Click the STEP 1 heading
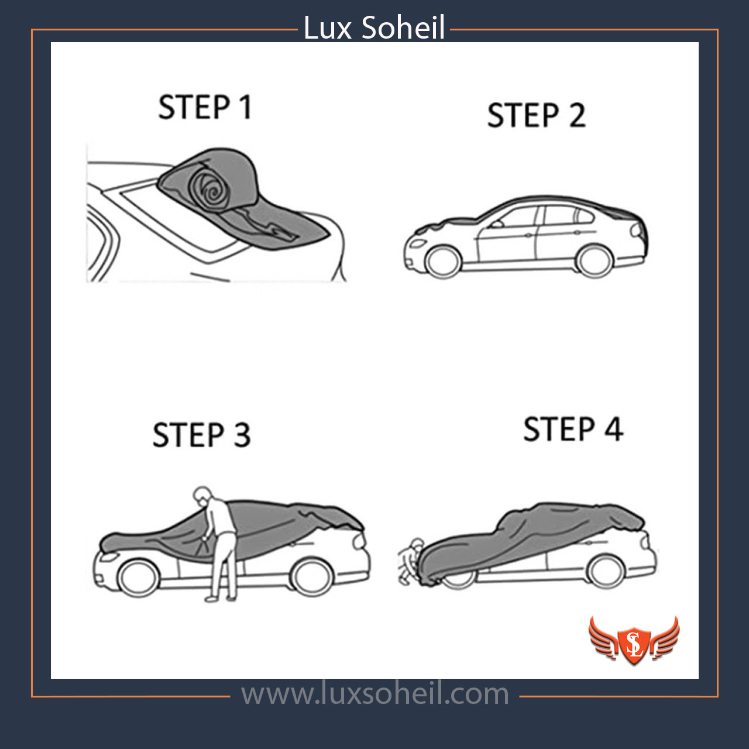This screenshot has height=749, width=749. pyautogui.click(x=205, y=107)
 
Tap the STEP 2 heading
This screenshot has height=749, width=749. pyautogui.click(x=537, y=115)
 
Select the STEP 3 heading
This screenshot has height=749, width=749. pyautogui.click(x=201, y=435)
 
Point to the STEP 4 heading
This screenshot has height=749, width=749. pyautogui.click(x=573, y=429)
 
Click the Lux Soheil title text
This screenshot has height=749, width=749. pyautogui.click(x=374, y=28)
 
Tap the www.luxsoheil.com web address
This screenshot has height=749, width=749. pyautogui.click(x=374, y=694)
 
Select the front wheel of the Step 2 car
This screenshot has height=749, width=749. pyautogui.click(x=443, y=261)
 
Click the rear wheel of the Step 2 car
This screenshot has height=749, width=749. pyautogui.click(x=593, y=261)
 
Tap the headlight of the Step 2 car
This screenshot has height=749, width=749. pyautogui.click(x=418, y=243)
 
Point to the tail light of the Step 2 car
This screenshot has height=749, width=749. pyautogui.click(x=637, y=231)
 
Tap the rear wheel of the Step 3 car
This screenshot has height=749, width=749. pyautogui.click(x=312, y=577)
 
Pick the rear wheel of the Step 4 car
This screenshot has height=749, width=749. pyautogui.click(x=605, y=571)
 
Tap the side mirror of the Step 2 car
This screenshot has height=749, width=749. pyautogui.click(x=497, y=224)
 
